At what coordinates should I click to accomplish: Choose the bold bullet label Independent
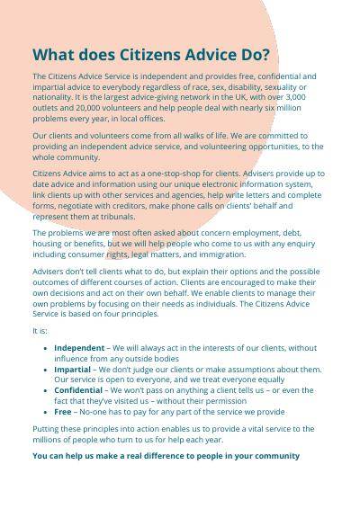point(79,347)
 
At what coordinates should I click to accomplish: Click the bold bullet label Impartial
point(72,369)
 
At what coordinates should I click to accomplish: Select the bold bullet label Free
point(63,411)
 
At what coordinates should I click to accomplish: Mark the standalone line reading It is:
point(40,330)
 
